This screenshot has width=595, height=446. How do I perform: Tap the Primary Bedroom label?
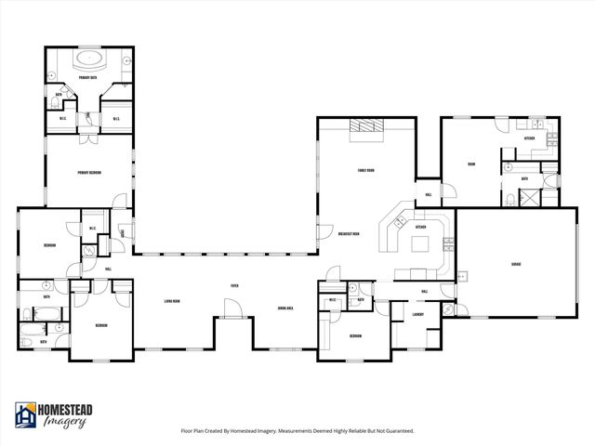[x=89, y=172]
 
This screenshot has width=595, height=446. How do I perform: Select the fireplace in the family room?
[x=364, y=130]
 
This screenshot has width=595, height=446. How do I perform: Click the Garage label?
[x=515, y=264]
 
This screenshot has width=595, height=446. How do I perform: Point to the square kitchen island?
[x=420, y=244]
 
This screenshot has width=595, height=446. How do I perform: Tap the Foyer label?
[x=235, y=286]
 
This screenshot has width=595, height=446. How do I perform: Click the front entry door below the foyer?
[x=234, y=317]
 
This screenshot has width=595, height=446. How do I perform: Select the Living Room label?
[x=171, y=301]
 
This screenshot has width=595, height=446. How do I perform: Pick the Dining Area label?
[x=285, y=308]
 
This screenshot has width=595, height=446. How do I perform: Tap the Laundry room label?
[x=418, y=315]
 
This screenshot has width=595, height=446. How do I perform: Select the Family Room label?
[x=365, y=171]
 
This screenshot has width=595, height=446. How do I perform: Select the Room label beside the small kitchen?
[x=471, y=164]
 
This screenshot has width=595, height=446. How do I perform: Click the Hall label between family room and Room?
[x=429, y=194]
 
